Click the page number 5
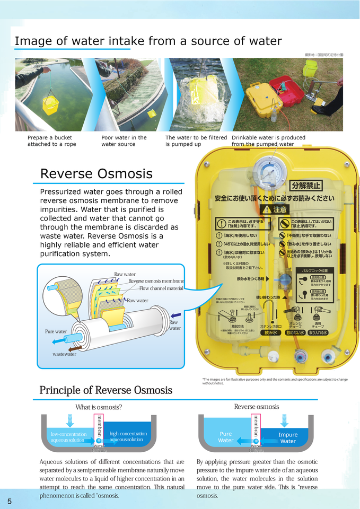click(x=10, y=501)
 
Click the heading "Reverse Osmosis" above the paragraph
click(x=96, y=174)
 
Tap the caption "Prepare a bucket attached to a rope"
click(x=51, y=141)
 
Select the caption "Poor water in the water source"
click(x=124, y=141)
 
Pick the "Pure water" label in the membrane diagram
click(x=56, y=332)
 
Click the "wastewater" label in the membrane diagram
click(x=64, y=354)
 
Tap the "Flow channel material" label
click(x=161, y=288)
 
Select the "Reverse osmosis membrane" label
click(x=156, y=281)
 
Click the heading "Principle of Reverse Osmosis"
click(x=106, y=391)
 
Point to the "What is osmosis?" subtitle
click(x=99, y=407)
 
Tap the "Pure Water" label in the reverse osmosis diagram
click(x=226, y=437)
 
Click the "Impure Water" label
click(x=288, y=438)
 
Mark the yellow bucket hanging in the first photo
click(x=50, y=105)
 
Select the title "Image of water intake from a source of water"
click(x=148, y=41)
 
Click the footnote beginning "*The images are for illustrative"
click(x=275, y=381)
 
